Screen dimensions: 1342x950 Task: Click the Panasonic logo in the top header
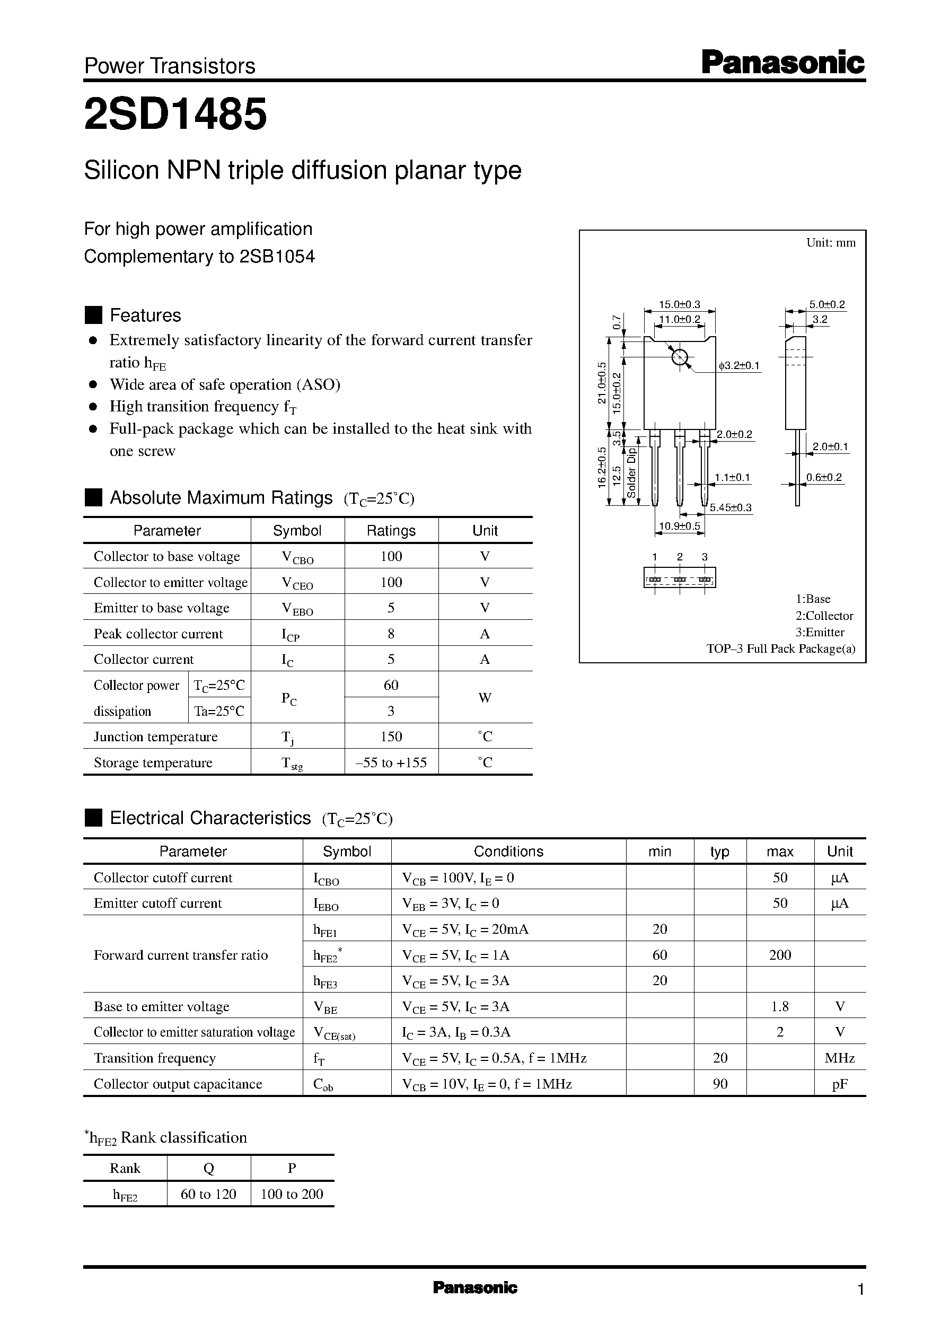click(x=782, y=63)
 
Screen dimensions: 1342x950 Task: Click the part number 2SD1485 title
click(x=175, y=114)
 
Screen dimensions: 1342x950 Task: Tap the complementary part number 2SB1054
click(x=277, y=257)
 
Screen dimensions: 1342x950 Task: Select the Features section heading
click(x=145, y=315)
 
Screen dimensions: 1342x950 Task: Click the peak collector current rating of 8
click(x=391, y=634)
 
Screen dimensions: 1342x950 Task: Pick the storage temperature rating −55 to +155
click(x=391, y=762)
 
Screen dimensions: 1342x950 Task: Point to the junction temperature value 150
click(x=391, y=736)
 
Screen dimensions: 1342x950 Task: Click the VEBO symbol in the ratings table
click(x=297, y=608)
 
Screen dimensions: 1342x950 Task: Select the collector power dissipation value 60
click(x=391, y=685)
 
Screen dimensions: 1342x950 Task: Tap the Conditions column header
click(x=508, y=851)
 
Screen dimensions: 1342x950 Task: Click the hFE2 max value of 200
click(x=780, y=955)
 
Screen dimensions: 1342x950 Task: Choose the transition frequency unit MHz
click(x=839, y=1058)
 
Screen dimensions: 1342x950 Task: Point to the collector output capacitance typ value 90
click(x=720, y=1083)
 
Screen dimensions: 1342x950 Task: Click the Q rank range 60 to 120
click(x=208, y=1194)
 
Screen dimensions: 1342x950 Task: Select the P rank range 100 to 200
click(x=292, y=1194)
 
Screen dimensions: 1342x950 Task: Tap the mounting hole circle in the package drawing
click(x=680, y=356)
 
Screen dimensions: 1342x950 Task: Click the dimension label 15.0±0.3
click(x=679, y=304)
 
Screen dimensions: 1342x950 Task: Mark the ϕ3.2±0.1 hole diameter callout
click(x=739, y=366)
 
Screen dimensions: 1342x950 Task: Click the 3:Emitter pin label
click(x=820, y=632)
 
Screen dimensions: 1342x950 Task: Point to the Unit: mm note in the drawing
click(x=831, y=243)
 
